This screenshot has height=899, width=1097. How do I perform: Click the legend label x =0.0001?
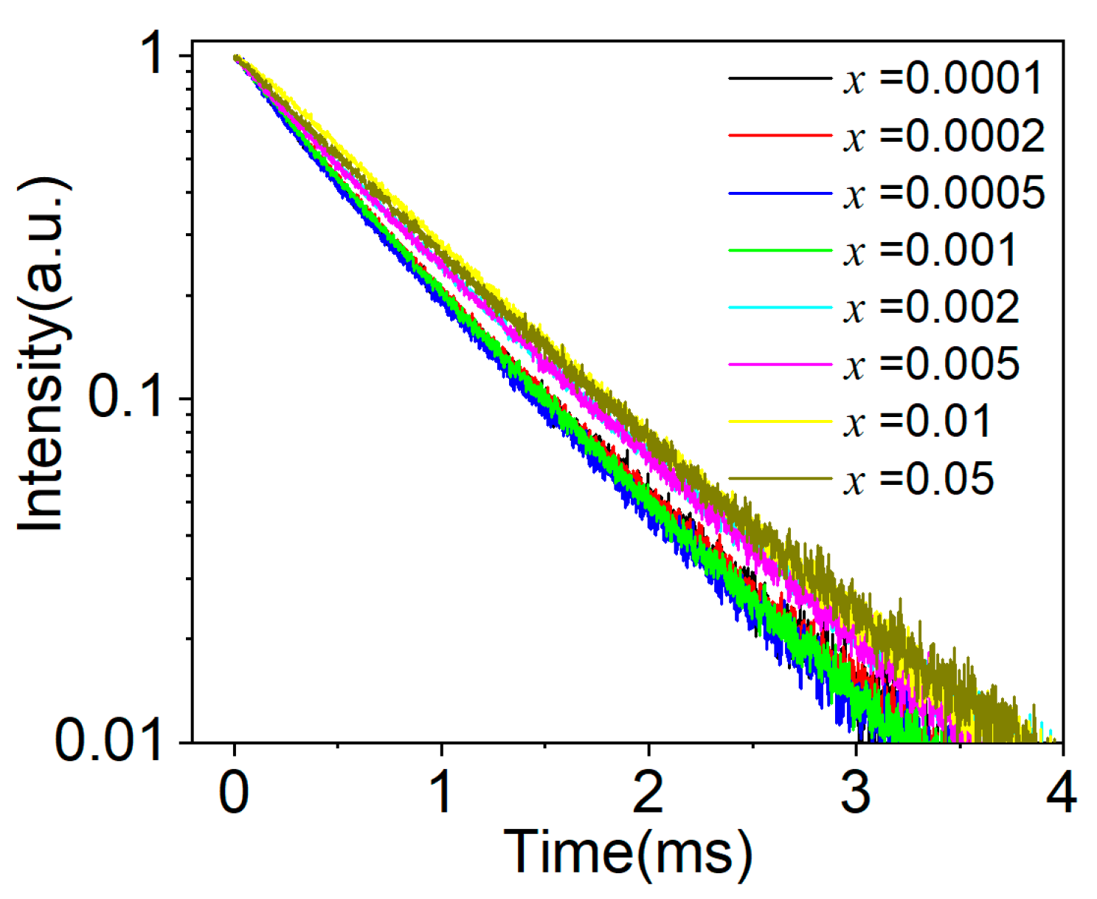point(943,78)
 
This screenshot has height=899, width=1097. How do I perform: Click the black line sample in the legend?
point(780,78)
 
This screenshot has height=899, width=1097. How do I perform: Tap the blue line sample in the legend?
point(780,193)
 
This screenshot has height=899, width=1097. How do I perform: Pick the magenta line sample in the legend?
point(780,365)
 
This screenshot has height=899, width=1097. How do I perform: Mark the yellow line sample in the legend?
point(780,422)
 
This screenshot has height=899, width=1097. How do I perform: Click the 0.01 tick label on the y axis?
point(108,740)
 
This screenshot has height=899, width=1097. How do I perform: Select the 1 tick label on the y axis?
point(155,55)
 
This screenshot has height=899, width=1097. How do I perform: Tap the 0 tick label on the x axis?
point(234,793)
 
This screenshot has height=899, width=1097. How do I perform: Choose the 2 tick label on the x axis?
point(648,793)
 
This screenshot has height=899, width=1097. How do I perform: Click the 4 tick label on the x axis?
point(1062,793)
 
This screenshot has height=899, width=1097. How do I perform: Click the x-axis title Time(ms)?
point(628,853)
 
